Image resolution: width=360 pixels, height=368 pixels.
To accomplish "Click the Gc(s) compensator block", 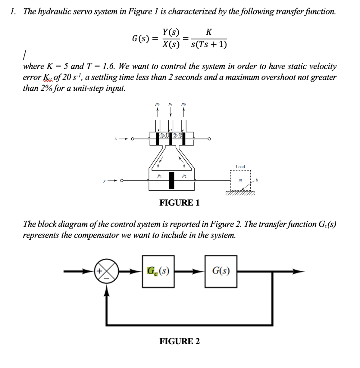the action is [x=158, y=271].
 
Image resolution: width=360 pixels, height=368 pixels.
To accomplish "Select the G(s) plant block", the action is [x=221, y=271].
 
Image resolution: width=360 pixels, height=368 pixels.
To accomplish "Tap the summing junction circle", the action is [x=106, y=272].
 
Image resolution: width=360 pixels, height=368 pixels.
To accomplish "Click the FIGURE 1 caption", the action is [x=179, y=203].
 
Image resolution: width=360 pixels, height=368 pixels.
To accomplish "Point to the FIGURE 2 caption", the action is [x=179, y=341].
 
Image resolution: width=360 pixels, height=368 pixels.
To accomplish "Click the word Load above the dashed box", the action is [x=240, y=167].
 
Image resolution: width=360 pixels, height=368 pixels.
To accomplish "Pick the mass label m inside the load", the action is [x=240, y=180].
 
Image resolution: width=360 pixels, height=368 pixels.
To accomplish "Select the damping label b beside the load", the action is [x=257, y=180].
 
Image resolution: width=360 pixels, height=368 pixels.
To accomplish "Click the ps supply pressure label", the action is [x=170, y=104].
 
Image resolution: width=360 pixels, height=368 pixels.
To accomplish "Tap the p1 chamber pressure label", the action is [x=159, y=175].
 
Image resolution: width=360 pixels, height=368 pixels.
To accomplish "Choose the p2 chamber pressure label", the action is [x=184, y=176].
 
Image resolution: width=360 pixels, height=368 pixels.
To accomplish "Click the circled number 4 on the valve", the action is [x=162, y=135].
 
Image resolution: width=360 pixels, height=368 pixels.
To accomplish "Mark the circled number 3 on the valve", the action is [x=179, y=135].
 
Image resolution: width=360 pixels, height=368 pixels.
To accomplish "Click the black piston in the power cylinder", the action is [x=172, y=180].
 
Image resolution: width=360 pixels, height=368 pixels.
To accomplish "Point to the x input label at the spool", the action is [x=115, y=139].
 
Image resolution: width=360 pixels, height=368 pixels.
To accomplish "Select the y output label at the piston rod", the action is [x=104, y=180].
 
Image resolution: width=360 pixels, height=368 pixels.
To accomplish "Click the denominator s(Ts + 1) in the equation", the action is [x=209, y=44].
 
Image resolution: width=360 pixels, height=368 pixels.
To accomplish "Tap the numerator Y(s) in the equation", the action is [x=171, y=32].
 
